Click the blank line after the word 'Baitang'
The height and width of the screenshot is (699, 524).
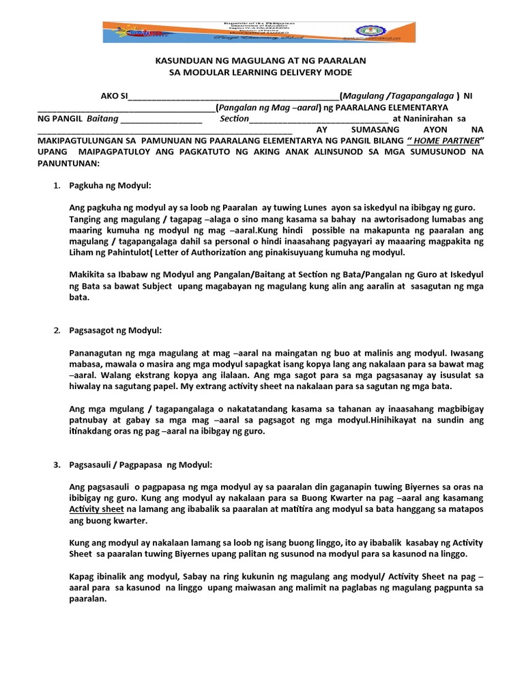160,119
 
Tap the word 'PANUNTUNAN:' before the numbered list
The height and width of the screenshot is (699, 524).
68,163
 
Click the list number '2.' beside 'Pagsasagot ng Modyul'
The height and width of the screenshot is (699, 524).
57,330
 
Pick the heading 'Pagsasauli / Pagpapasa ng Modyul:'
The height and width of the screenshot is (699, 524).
141,465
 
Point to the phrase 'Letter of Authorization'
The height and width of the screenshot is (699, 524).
208,253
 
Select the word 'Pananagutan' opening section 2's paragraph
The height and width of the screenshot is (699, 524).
96,353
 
